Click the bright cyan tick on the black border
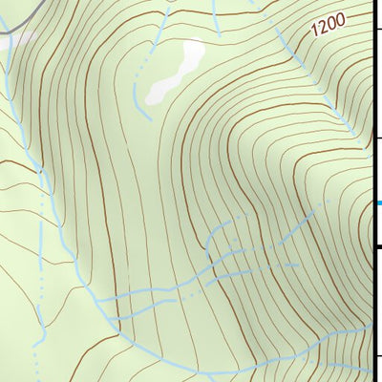[x=378, y=202]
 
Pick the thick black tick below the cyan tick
[x=376, y=245]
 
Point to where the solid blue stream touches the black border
[x=371, y=329]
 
